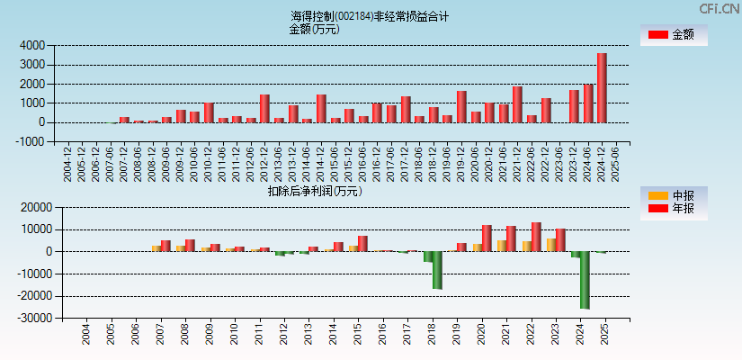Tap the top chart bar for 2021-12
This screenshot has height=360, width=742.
tap(517, 104)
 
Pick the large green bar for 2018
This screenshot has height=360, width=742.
tap(437, 270)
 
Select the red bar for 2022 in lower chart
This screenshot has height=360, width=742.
tap(536, 237)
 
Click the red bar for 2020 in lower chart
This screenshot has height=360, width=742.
tap(487, 238)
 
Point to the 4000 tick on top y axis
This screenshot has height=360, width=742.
tap(35, 45)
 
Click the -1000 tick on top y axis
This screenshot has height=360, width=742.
tap(33, 141)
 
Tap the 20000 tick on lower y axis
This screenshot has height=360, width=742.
tap(32, 207)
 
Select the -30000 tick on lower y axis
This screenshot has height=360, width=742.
tap(31, 318)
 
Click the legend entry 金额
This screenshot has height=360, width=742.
tap(674, 34)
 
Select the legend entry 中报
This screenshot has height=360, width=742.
tap(674, 195)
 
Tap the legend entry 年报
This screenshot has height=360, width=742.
tap(674, 209)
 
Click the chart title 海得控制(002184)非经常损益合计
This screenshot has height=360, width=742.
tap(370, 16)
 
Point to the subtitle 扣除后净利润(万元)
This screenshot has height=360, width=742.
tap(314, 191)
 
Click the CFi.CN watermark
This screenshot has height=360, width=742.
tap(719, 8)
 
